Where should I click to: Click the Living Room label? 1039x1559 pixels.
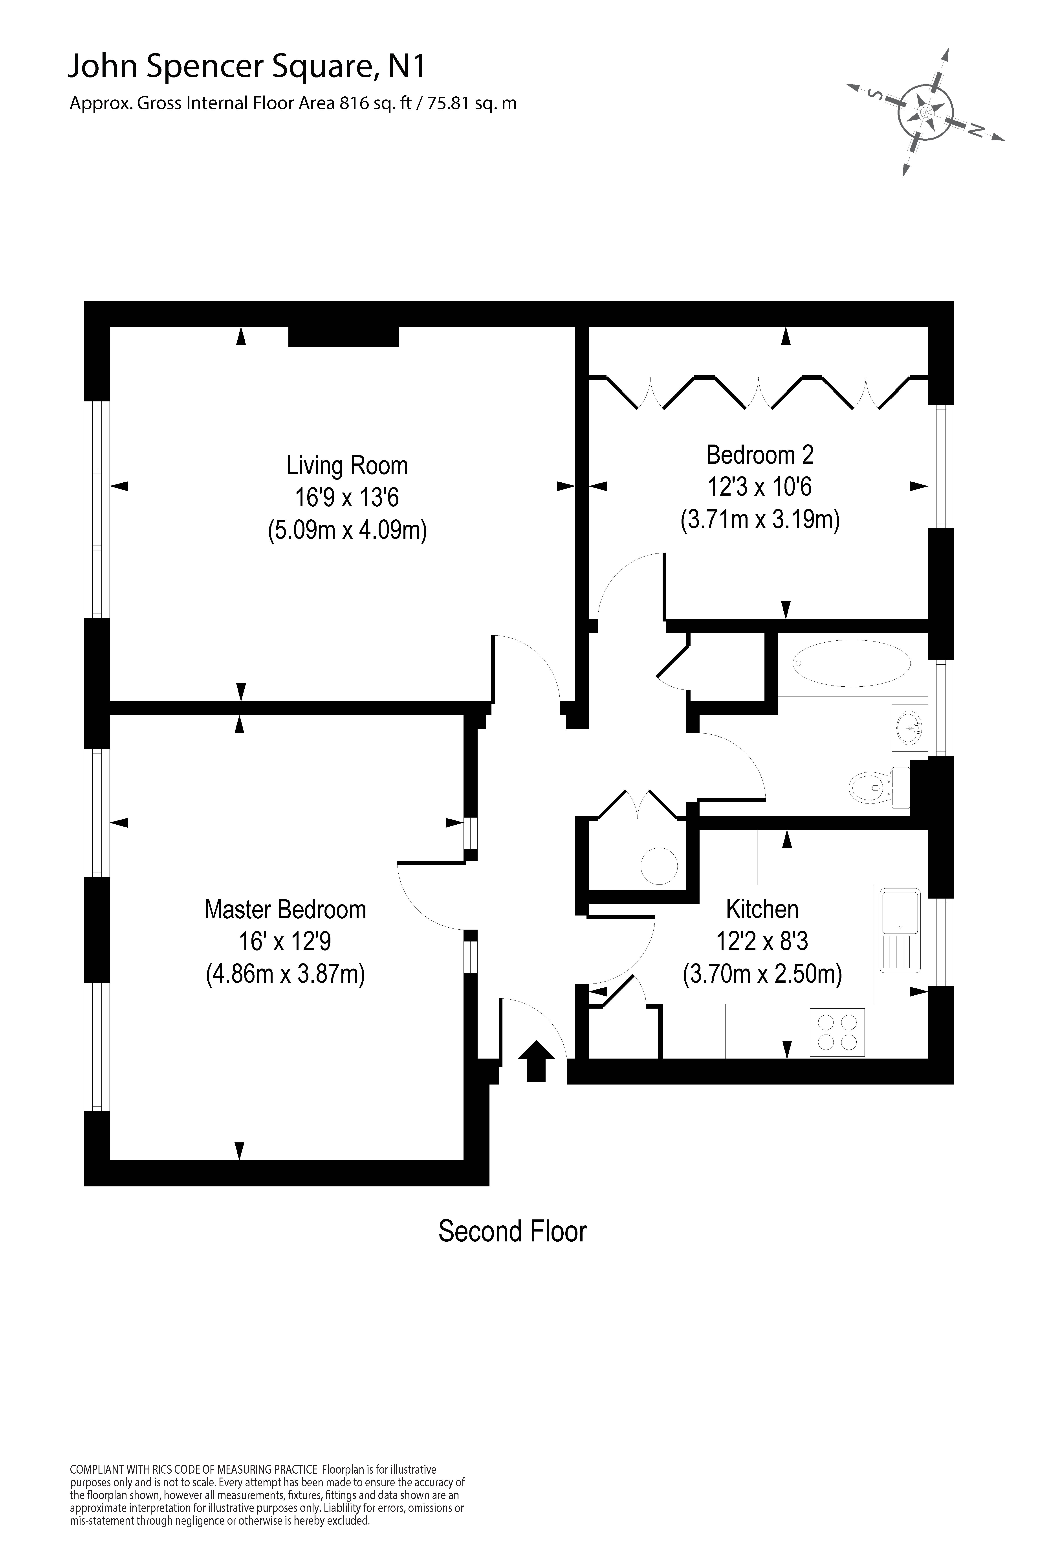347,466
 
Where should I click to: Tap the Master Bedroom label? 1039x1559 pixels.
285,909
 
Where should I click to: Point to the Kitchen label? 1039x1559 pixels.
762,909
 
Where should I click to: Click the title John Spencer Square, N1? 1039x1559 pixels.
247,67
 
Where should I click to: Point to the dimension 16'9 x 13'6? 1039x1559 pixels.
347,498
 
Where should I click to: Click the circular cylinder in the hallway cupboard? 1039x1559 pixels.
659,866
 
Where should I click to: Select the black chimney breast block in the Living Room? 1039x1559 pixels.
343,337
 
